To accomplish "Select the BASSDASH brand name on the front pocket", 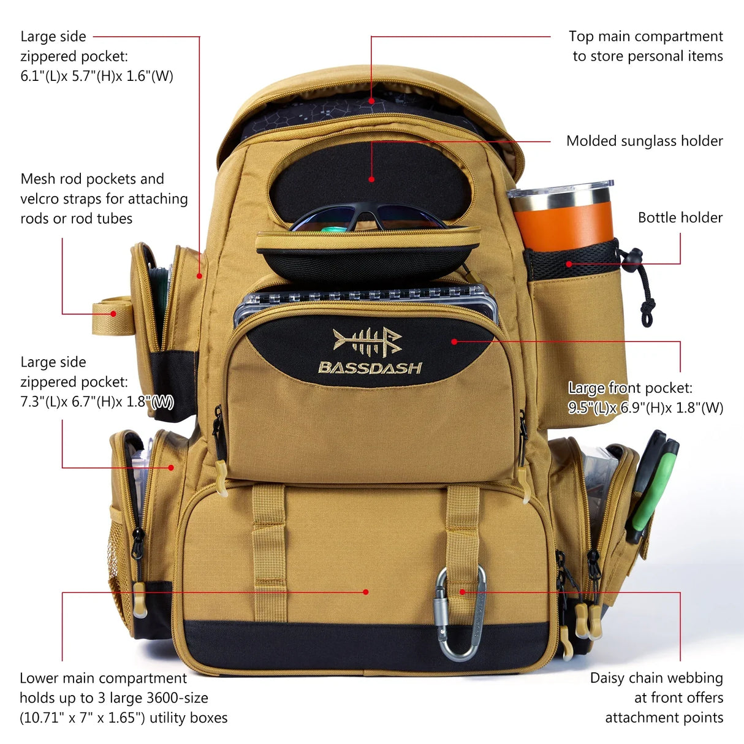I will point(370,368).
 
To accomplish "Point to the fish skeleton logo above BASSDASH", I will point(367,342).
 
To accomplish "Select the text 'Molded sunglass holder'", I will point(644,141).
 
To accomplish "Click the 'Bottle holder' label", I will point(680,218).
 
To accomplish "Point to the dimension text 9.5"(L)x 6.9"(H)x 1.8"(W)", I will point(645,408).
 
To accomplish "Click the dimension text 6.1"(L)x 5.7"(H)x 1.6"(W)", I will point(97,77).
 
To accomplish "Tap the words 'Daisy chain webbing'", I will point(656,678).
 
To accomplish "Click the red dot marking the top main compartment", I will point(371,101).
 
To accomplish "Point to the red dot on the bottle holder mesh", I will point(569,264).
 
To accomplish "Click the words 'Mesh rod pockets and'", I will point(92,179).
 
